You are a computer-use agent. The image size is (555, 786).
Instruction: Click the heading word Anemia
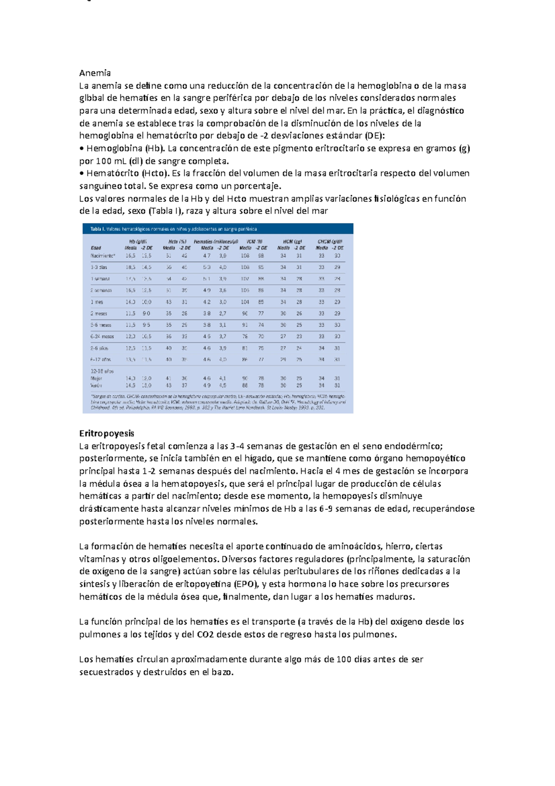95,73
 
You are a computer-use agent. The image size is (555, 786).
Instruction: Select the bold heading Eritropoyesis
106,433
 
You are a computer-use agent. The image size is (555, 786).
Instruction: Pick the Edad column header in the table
96,248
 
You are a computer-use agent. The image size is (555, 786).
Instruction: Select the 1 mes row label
97,302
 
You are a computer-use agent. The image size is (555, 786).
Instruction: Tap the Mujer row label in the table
97,378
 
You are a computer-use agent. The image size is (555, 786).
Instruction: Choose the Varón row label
97,385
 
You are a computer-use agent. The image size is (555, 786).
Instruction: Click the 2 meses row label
99,313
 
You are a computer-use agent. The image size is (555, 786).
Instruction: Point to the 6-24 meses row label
102,337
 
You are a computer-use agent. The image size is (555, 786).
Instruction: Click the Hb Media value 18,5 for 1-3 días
130,267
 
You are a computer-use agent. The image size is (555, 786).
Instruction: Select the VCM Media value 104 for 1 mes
245,302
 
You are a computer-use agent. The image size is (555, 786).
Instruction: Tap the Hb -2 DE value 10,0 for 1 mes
146,302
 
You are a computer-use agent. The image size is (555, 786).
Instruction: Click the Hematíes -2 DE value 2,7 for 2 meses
222,313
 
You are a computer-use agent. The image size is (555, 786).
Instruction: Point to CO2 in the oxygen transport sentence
205,635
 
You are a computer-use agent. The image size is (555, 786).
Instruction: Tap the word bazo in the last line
222,672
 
